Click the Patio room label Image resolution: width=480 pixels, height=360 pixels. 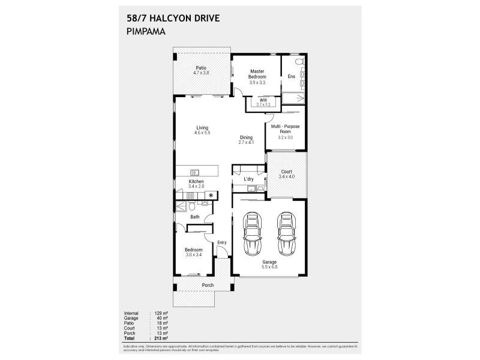pos(201,68)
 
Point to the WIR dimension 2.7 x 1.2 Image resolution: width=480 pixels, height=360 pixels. pos(263,105)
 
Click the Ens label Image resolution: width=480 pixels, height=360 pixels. pos(291,77)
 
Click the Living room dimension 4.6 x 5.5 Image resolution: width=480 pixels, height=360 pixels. pos(202,133)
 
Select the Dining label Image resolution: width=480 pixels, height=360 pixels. pos(247,137)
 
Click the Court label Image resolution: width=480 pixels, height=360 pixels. pos(286,172)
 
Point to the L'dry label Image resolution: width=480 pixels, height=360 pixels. pos(248,179)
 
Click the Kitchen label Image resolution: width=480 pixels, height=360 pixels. pos(196,182)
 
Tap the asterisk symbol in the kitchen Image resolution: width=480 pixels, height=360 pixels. pos(211,196)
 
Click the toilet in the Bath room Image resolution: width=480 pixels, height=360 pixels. pos(191,207)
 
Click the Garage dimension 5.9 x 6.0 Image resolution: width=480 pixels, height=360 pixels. pos(269,267)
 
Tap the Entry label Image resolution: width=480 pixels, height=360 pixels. pos(222,242)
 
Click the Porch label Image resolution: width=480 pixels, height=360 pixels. pos(208,285)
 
